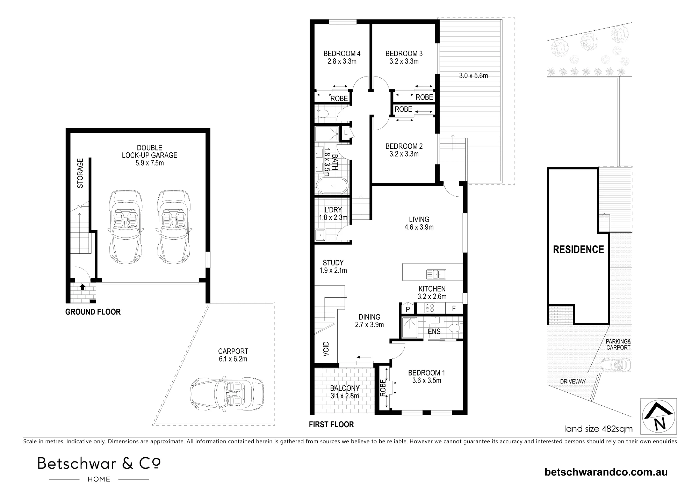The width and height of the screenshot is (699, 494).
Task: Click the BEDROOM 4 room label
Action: pos(342,54)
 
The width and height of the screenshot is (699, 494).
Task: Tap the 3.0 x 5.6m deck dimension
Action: pos(473,76)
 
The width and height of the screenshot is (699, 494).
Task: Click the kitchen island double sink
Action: pos(436,274)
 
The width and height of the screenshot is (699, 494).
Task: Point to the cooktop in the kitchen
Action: pos(430,308)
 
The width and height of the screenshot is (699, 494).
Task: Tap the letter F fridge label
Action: pos(454,309)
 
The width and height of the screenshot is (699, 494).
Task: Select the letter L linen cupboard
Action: pos(346,133)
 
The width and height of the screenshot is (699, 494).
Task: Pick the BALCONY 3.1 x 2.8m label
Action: pos(345,392)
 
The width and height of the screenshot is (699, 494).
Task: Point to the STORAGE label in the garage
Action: pos(80,173)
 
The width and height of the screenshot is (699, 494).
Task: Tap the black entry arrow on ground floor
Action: pos(82,287)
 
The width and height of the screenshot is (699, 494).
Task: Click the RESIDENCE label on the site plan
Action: pos(578,249)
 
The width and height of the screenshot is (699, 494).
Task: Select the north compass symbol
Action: pos(658,416)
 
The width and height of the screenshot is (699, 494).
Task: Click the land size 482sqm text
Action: pos(598,429)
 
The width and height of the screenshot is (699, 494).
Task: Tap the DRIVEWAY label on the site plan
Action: pos(572,382)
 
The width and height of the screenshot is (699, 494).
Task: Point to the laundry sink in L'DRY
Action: pos(321,235)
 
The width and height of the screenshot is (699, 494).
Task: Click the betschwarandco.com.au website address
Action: pos(606,472)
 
